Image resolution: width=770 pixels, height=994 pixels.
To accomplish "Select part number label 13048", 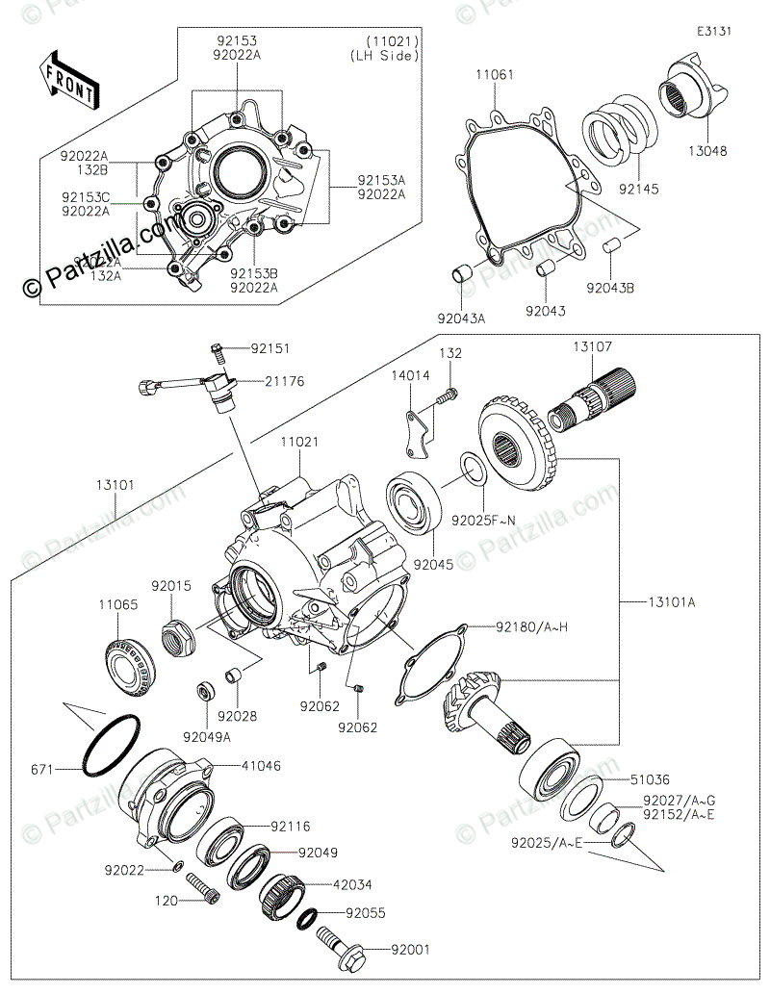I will (706, 151).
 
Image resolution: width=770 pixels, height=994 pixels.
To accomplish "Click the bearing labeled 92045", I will (414, 502).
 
